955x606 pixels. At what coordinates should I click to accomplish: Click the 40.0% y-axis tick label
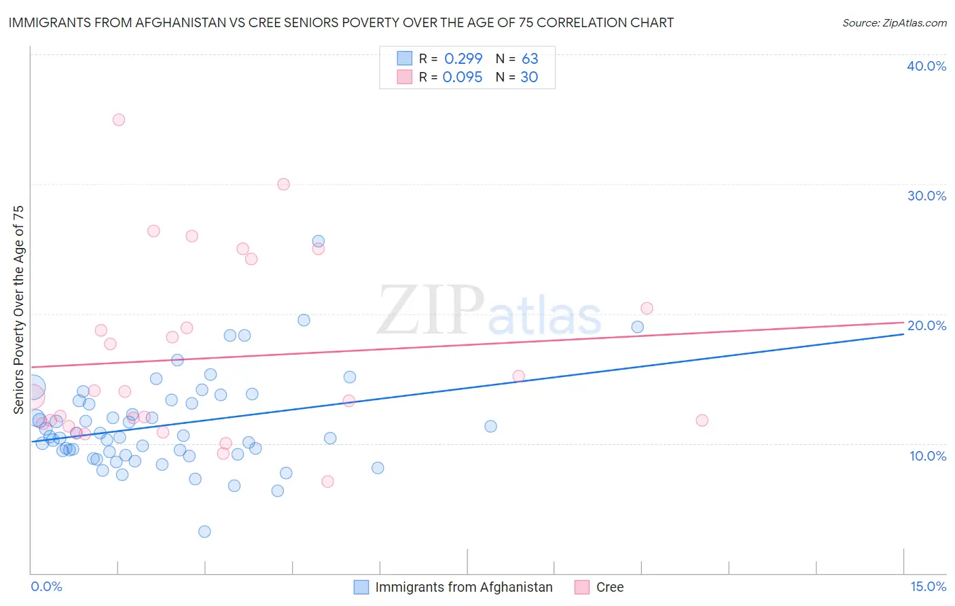click(x=926, y=66)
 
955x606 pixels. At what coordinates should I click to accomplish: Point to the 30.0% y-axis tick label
click(x=926, y=196)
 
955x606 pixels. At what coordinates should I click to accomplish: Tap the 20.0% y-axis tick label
click(x=926, y=325)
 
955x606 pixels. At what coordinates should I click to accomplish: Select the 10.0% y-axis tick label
click(x=928, y=456)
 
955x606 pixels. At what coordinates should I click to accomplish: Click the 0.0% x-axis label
click(x=46, y=586)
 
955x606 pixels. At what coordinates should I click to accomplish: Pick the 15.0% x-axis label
click(x=928, y=586)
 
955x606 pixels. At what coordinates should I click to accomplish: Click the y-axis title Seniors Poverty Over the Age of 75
click(x=18, y=309)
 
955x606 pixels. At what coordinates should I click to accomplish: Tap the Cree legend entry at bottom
click(x=609, y=587)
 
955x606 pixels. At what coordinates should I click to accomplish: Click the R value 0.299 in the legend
click(x=463, y=58)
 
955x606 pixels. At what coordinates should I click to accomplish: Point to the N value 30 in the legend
click(x=529, y=77)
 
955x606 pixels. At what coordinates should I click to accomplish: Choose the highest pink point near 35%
click(x=119, y=120)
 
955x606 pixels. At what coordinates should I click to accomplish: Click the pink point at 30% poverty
click(x=284, y=184)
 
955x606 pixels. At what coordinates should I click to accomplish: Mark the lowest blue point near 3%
click(x=204, y=531)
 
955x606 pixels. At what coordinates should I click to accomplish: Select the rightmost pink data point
click(x=702, y=421)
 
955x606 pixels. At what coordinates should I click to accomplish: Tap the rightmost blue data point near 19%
click(x=638, y=327)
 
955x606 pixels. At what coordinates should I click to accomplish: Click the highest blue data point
click(x=318, y=241)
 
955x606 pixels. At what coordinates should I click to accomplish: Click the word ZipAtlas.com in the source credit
click(x=914, y=23)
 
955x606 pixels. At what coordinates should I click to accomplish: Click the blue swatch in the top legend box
click(x=405, y=58)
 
